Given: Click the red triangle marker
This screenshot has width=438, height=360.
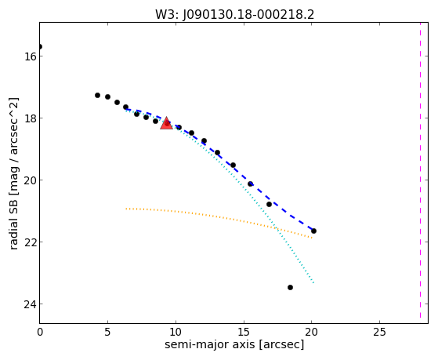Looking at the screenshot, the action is pos(166,124).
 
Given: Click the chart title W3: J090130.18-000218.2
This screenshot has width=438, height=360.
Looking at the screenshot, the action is pos(234,14).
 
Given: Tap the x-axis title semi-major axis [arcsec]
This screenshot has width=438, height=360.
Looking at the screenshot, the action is pos(234,344).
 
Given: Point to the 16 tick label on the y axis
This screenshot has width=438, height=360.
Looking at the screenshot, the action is pos(30,56).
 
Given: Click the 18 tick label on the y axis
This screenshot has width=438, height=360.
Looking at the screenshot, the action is pos(30,118).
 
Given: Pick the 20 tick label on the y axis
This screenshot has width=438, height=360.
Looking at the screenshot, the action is pos(30,180).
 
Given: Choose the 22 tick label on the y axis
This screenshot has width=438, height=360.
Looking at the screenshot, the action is pos(30,242).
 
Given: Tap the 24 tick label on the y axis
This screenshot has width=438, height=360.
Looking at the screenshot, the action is pos(30,304).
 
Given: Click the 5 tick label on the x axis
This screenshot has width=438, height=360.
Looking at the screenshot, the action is pos(108,332).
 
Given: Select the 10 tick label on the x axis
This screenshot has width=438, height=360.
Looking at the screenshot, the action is pos(176,332).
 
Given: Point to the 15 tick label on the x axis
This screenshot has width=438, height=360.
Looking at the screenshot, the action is pos(244,332).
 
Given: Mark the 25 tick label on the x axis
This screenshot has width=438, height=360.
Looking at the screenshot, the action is pos(379,332).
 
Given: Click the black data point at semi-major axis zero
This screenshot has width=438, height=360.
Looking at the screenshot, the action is pos(40,46).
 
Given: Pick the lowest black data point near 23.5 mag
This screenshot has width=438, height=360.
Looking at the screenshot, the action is pos(290,287).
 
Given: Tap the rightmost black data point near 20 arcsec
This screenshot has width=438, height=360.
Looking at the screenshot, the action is pos(313,231).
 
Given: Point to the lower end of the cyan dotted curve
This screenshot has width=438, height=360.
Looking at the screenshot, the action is pos(313,283).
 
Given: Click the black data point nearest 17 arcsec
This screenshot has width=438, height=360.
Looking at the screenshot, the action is pos(269,204).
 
